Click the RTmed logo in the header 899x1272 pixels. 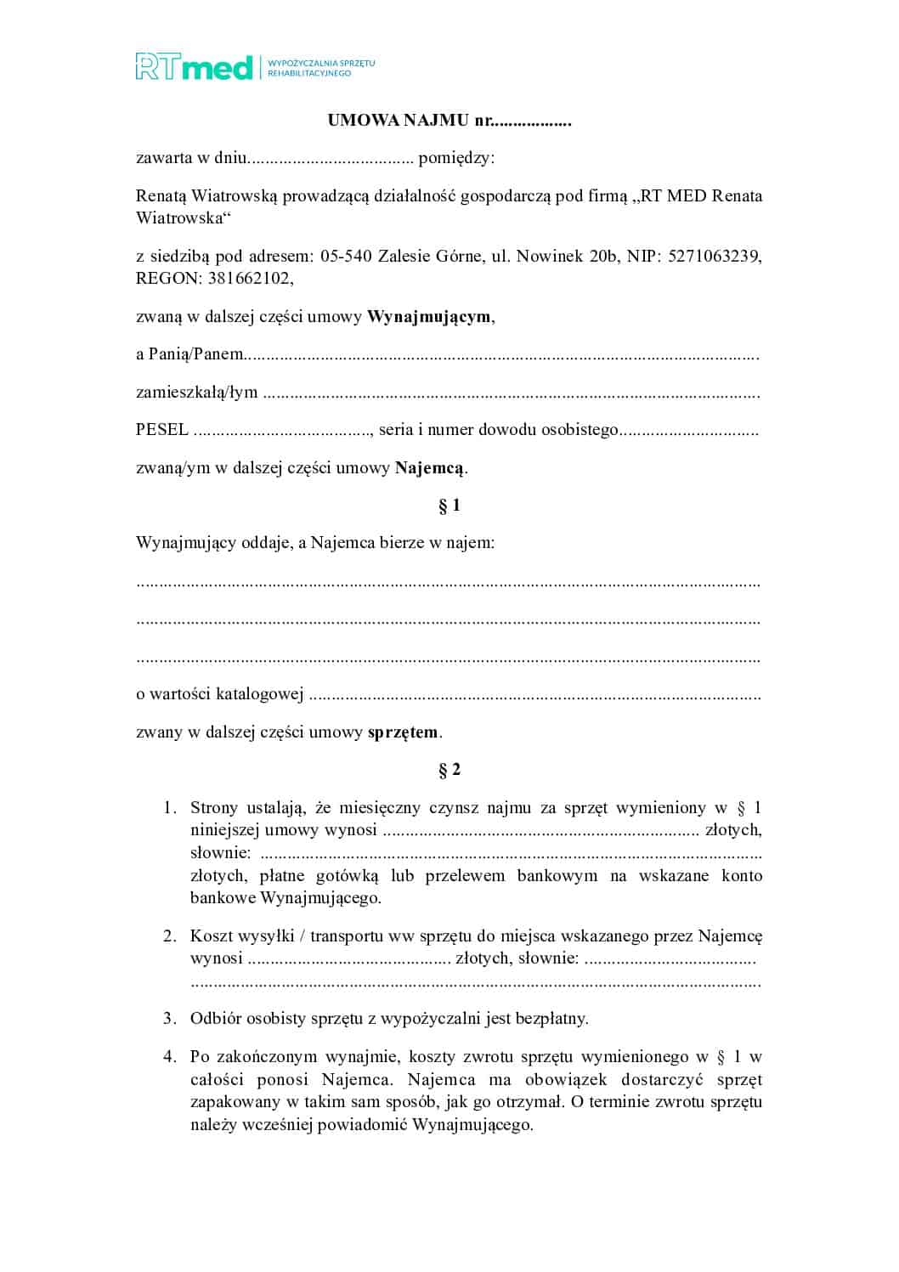click(x=195, y=67)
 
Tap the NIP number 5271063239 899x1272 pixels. click(x=715, y=256)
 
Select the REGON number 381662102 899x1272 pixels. click(x=250, y=278)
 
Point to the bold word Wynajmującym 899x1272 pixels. click(x=428, y=317)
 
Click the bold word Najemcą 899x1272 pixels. click(x=429, y=467)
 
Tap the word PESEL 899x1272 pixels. click(x=161, y=430)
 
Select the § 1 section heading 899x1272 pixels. click(x=449, y=506)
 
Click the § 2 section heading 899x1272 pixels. click(x=449, y=770)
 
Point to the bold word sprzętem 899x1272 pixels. click(x=403, y=732)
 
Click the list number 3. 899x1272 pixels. click(x=170, y=1019)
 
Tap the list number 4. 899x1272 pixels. click(x=170, y=1057)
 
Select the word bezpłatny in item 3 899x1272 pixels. click(x=552, y=1019)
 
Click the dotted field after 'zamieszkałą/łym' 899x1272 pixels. click(x=510, y=393)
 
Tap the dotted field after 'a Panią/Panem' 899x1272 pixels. click(x=501, y=355)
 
